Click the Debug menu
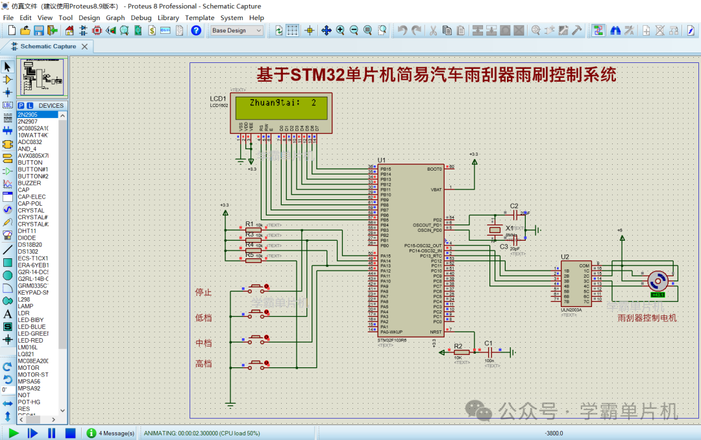tap(141, 18)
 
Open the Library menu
tap(168, 18)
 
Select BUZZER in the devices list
tap(29, 183)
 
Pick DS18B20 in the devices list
tap(29, 245)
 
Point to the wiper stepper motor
tap(658, 281)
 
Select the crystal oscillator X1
tap(495, 230)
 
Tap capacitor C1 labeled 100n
tap(489, 352)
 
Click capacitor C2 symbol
tap(515, 213)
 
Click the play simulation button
tap(14, 433)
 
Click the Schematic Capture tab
tap(47, 47)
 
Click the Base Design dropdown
tap(236, 31)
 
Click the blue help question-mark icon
tap(196, 31)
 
